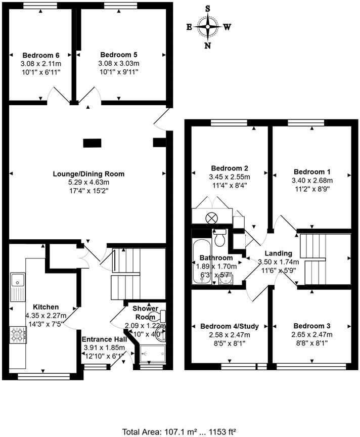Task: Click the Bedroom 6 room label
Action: coord(40,55)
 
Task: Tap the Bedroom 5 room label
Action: coord(119,55)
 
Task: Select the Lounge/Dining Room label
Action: coord(88,174)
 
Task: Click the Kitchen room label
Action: coord(46,307)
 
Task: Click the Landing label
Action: coord(278,253)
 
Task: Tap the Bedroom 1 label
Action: coord(308,171)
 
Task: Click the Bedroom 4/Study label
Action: coord(229,326)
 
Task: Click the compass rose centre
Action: coord(208,27)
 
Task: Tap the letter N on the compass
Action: coord(208,46)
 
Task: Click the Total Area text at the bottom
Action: coord(179,431)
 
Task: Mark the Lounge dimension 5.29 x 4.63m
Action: coord(88,182)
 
